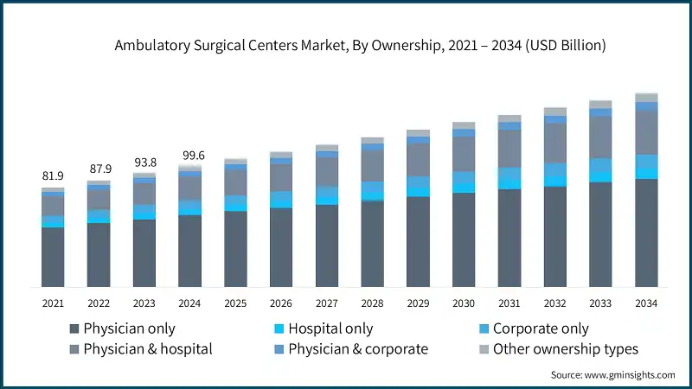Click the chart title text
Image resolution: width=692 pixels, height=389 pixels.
point(360,46)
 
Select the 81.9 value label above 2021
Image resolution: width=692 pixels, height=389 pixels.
point(53,176)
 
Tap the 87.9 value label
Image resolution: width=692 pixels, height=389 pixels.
point(99,169)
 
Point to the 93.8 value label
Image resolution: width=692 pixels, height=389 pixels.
point(144,162)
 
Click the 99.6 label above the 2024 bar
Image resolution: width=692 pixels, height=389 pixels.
point(190,155)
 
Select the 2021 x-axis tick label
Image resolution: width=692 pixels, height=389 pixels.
point(53,303)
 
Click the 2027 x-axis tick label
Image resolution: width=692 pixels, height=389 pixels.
point(327,303)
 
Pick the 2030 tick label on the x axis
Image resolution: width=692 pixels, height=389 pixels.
point(464,303)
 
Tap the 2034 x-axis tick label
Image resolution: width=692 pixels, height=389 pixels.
point(646,303)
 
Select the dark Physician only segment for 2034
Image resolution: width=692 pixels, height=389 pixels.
point(646,233)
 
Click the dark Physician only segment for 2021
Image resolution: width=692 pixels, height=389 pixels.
point(53,258)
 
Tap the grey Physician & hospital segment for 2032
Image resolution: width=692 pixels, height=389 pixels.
point(555,143)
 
